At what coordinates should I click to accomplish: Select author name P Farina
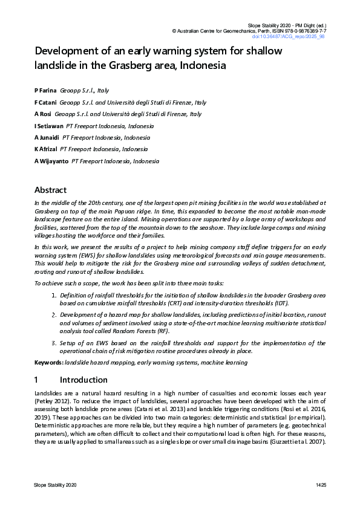pyautogui.click(x=45, y=90)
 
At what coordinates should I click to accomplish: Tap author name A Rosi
pyautogui.click(x=42, y=114)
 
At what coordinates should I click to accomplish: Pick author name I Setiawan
pyautogui.click(x=48, y=126)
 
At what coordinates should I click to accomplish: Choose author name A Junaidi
pyautogui.click(x=47, y=137)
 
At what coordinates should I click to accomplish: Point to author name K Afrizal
pyautogui.click(x=45, y=149)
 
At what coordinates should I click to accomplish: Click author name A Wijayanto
pyautogui.click(x=51, y=161)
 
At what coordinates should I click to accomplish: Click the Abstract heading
pyautogui.click(x=50, y=190)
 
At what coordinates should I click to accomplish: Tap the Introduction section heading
pyautogui.click(x=83, y=380)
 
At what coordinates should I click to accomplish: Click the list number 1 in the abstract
pyautogui.click(x=54, y=294)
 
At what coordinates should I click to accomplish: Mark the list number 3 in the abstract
pyautogui.click(x=54, y=343)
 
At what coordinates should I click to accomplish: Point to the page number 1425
pyautogui.click(x=320, y=485)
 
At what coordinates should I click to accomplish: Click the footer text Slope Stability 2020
pyautogui.click(x=55, y=485)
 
